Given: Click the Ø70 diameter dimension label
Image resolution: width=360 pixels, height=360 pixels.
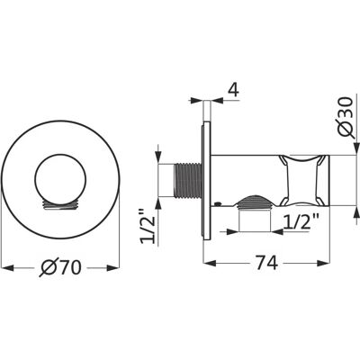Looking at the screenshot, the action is point(60,267).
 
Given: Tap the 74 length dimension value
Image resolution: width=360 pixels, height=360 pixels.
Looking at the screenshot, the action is point(267,263).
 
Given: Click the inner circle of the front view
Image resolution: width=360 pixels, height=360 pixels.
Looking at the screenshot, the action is point(60,180).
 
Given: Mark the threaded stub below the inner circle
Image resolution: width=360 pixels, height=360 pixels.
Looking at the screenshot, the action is point(60,204).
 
